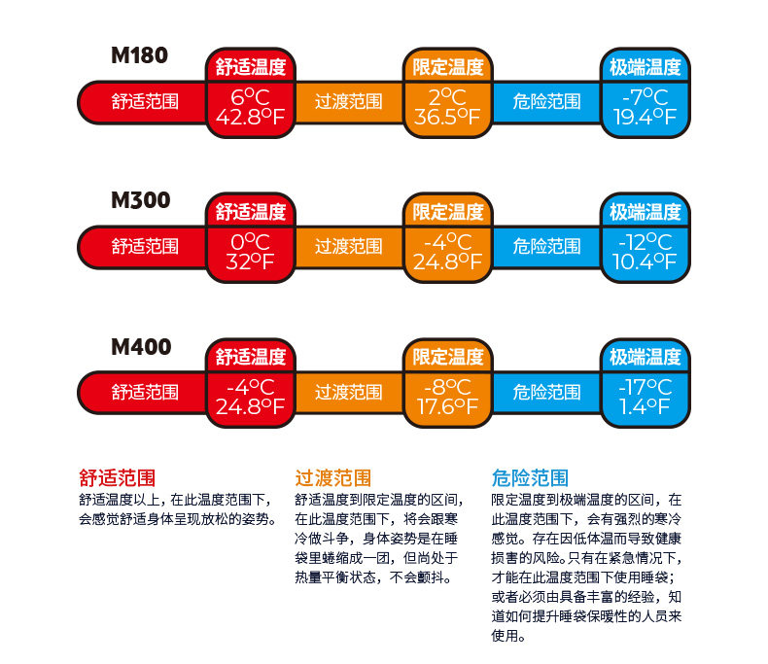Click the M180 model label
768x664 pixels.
(x=140, y=55)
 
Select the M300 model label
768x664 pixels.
(x=140, y=201)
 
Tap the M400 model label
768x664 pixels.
(x=140, y=347)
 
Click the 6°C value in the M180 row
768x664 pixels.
(x=250, y=96)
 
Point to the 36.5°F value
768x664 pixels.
(x=447, y=117)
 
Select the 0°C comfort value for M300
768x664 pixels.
(x=250, y=241)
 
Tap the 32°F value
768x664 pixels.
(x=250, y=262)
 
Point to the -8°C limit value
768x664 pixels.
(x=447, y=386)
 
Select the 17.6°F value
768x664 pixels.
(x=447, y=406)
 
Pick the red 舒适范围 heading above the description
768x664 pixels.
(x=117, y=477)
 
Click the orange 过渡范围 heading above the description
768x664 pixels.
(x=333, y=477)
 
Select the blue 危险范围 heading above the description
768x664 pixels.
(x=530, y=477)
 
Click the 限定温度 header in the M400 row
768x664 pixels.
(x=447, y=357)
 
